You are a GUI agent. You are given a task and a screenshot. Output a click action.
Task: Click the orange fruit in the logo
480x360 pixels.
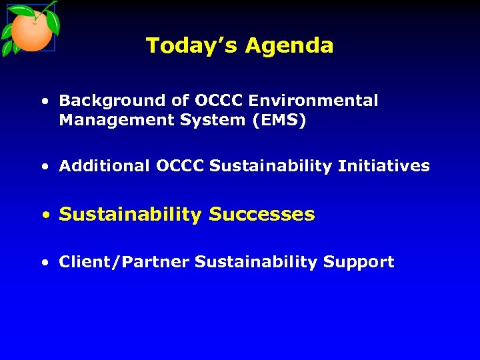coord(31,33)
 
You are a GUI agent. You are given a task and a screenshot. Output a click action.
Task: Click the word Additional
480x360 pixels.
coord(105,166)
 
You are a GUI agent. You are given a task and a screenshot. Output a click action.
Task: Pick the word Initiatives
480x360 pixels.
coord(384,166)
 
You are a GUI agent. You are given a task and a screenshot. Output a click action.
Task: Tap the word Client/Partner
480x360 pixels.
coord(124,263)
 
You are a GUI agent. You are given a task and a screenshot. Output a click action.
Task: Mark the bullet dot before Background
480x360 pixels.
coord(44,102)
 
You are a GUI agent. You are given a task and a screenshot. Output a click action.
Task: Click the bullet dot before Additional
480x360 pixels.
coord(44,167)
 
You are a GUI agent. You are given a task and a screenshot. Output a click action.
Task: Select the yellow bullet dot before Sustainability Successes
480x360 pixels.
coord(45,215)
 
